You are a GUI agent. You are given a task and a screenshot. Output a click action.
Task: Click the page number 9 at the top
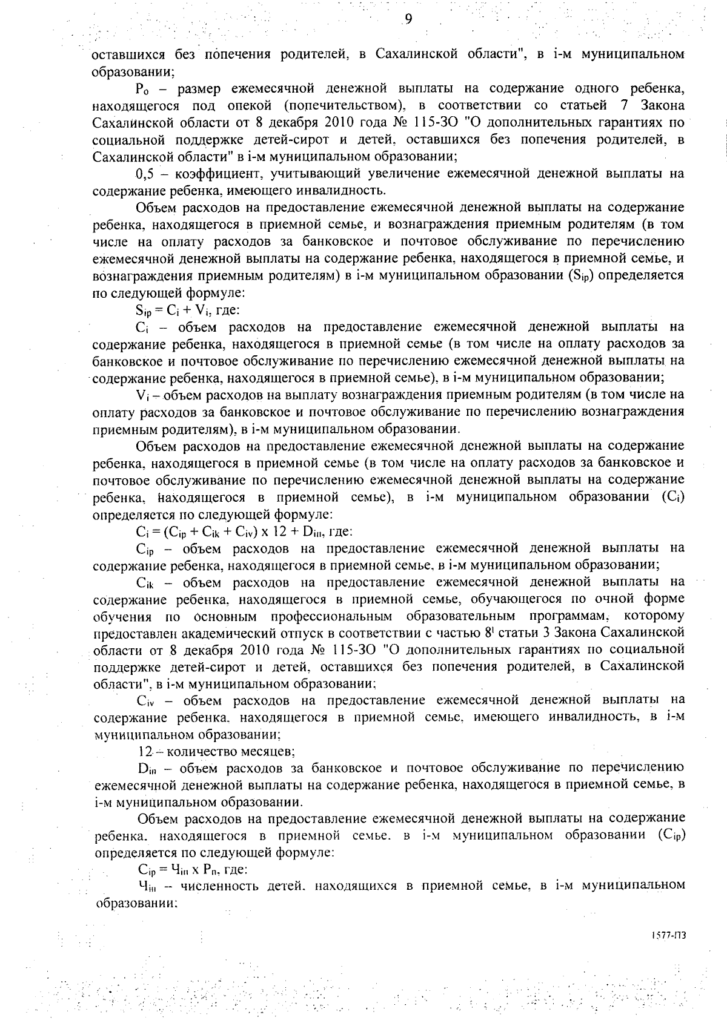(408, 19)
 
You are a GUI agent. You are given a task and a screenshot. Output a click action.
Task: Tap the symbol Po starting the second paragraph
(144, 90)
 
